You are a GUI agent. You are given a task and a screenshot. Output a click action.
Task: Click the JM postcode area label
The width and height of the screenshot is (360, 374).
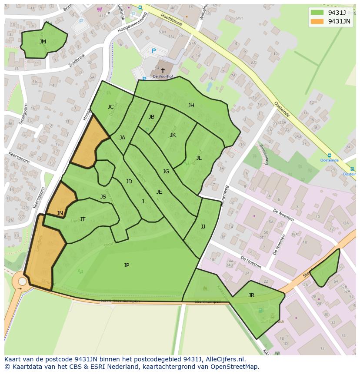pos(43,42)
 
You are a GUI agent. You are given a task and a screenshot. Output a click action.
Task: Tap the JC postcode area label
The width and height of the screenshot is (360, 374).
pos(111,107)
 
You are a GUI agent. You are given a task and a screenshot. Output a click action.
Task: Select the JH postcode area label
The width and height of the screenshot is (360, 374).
pos(191,106)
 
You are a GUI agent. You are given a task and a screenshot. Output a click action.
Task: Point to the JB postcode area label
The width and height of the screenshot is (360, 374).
pos(151,117)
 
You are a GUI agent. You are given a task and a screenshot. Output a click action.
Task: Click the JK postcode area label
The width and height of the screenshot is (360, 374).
pos(173,135)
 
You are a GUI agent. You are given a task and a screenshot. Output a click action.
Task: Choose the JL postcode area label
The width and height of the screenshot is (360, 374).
pos(199,158)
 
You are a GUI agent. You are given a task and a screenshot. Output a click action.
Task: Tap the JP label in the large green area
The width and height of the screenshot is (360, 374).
pos(127,265)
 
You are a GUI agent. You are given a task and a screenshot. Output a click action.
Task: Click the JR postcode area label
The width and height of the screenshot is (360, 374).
pos(251,295)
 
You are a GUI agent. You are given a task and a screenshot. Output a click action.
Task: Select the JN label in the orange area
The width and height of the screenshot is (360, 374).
pos(60,213)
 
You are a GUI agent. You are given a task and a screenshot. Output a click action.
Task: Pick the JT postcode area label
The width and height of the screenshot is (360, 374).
pos(83,219)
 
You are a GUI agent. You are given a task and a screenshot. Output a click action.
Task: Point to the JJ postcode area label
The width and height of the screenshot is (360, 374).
pos(203,227)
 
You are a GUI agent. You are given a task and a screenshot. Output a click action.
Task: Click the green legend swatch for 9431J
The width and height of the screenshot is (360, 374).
pos(317,12)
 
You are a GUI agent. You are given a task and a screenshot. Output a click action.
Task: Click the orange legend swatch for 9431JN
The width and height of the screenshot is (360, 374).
pos(317,21)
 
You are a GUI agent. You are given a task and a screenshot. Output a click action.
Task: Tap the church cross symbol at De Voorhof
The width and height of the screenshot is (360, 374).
pos(163,70)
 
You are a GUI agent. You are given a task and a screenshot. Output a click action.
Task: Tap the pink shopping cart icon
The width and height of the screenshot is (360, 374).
pos(100,9)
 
